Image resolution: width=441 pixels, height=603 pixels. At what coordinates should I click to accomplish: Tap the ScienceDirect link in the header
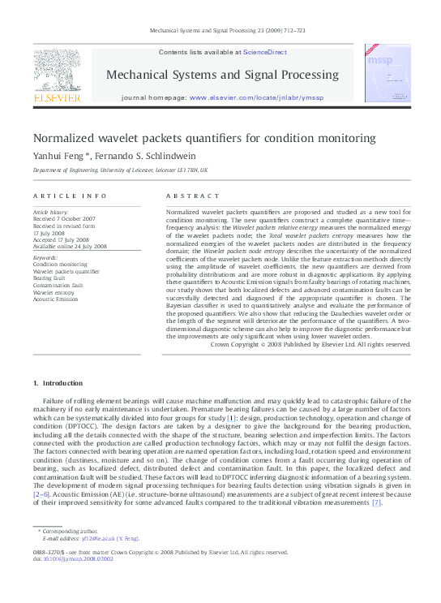[x=265, y=52]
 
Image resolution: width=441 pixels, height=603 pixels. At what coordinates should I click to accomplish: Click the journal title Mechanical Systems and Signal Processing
[x=222, y=75]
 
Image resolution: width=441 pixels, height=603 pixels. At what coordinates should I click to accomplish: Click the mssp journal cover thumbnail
[x=383, y=73]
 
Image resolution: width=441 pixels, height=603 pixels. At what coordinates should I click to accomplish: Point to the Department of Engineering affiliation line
[x=120, y=171]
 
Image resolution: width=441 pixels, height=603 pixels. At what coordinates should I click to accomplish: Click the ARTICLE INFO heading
[x=70, y=196]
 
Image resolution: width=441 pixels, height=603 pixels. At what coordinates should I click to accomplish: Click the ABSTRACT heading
[x=193, y=196]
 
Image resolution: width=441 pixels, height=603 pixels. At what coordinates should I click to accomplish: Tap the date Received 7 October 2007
[x=64, y=219]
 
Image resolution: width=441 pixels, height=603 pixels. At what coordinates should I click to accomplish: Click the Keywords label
[x=46, y=258]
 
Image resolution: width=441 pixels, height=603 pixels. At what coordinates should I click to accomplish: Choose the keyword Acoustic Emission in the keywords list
[x=55, y=299]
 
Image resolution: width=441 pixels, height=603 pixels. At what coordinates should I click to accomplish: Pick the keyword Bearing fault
[x=49, y=278]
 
